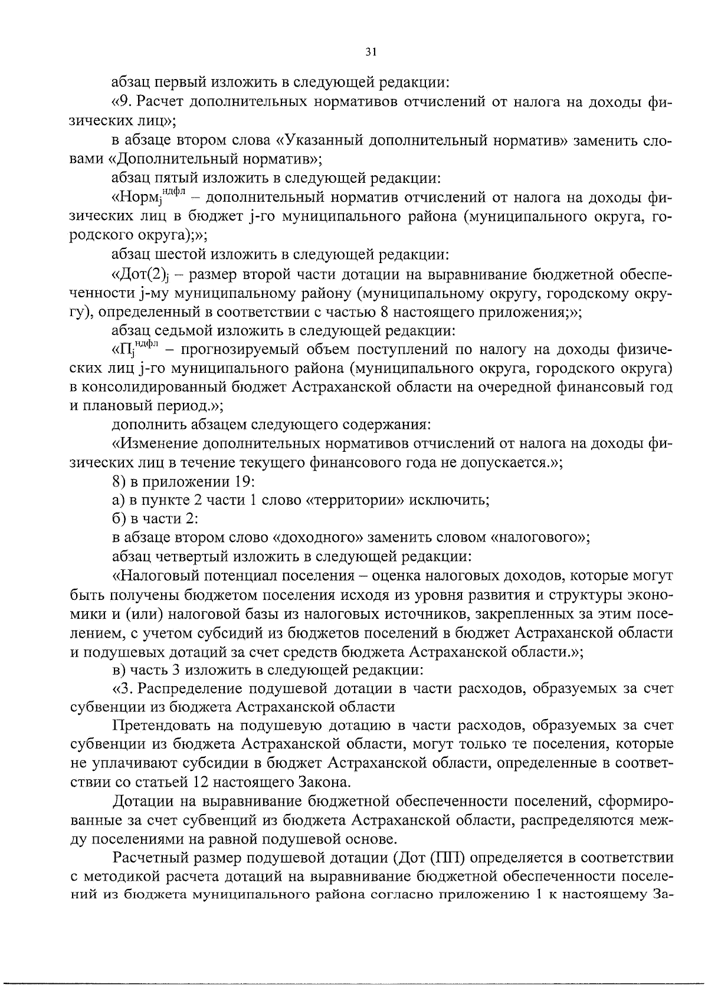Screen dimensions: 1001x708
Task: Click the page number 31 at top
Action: pos(371,52)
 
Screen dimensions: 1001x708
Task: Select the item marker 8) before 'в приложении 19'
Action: pos(120,481)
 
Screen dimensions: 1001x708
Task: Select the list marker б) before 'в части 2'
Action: pos(119,519)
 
